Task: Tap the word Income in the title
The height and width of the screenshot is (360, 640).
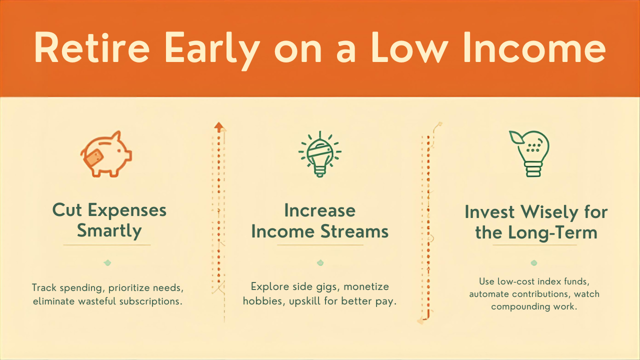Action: point(533,48)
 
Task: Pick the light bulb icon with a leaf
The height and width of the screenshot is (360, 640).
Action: point(531,153)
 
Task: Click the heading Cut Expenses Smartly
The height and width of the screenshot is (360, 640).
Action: point(109,220)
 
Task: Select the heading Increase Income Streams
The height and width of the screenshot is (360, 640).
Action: point(320,221)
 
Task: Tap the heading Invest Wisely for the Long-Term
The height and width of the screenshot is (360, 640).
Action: point(536,222)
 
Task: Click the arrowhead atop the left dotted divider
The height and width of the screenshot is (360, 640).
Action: point(218,126)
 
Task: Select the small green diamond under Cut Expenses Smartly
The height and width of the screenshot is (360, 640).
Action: point(107,263)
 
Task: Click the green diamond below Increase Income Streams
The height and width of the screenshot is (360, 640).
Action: point(320,263)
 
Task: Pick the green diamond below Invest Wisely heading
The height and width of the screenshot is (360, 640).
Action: point(534,263)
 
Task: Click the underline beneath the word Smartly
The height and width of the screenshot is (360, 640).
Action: point(107,245)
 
